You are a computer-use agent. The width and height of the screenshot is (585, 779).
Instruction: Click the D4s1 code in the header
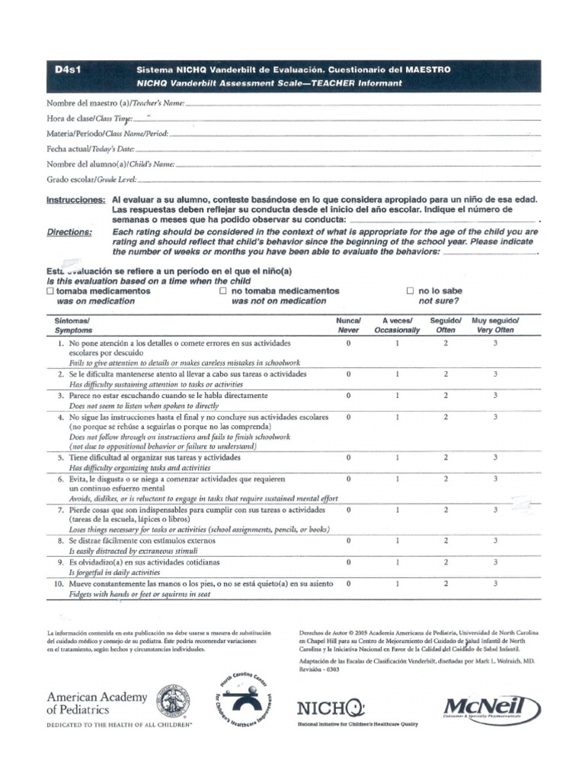click(68, 69)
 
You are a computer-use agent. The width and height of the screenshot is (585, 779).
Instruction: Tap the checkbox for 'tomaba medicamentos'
click(50, 291)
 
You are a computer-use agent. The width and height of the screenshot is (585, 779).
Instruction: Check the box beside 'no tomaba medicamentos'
click(223, 291)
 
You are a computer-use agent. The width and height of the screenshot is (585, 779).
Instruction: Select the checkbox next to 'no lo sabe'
click(411, 291)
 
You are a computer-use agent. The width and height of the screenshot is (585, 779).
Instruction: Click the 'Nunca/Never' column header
click(349, 326)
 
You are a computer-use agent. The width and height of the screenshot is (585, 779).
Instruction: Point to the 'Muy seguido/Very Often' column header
click(494, 326)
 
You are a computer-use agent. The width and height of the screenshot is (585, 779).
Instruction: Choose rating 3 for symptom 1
click(494, 344)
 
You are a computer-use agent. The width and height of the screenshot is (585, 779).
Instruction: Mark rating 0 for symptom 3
click(349, 396)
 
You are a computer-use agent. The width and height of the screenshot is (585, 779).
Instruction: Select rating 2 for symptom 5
click(446, 457)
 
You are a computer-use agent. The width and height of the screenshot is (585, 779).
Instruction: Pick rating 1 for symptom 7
click(398, 510)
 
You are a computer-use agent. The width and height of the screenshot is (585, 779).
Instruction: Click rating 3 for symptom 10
click(494, 583)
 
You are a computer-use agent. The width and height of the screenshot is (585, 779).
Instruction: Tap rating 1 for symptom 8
click(398, 540)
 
